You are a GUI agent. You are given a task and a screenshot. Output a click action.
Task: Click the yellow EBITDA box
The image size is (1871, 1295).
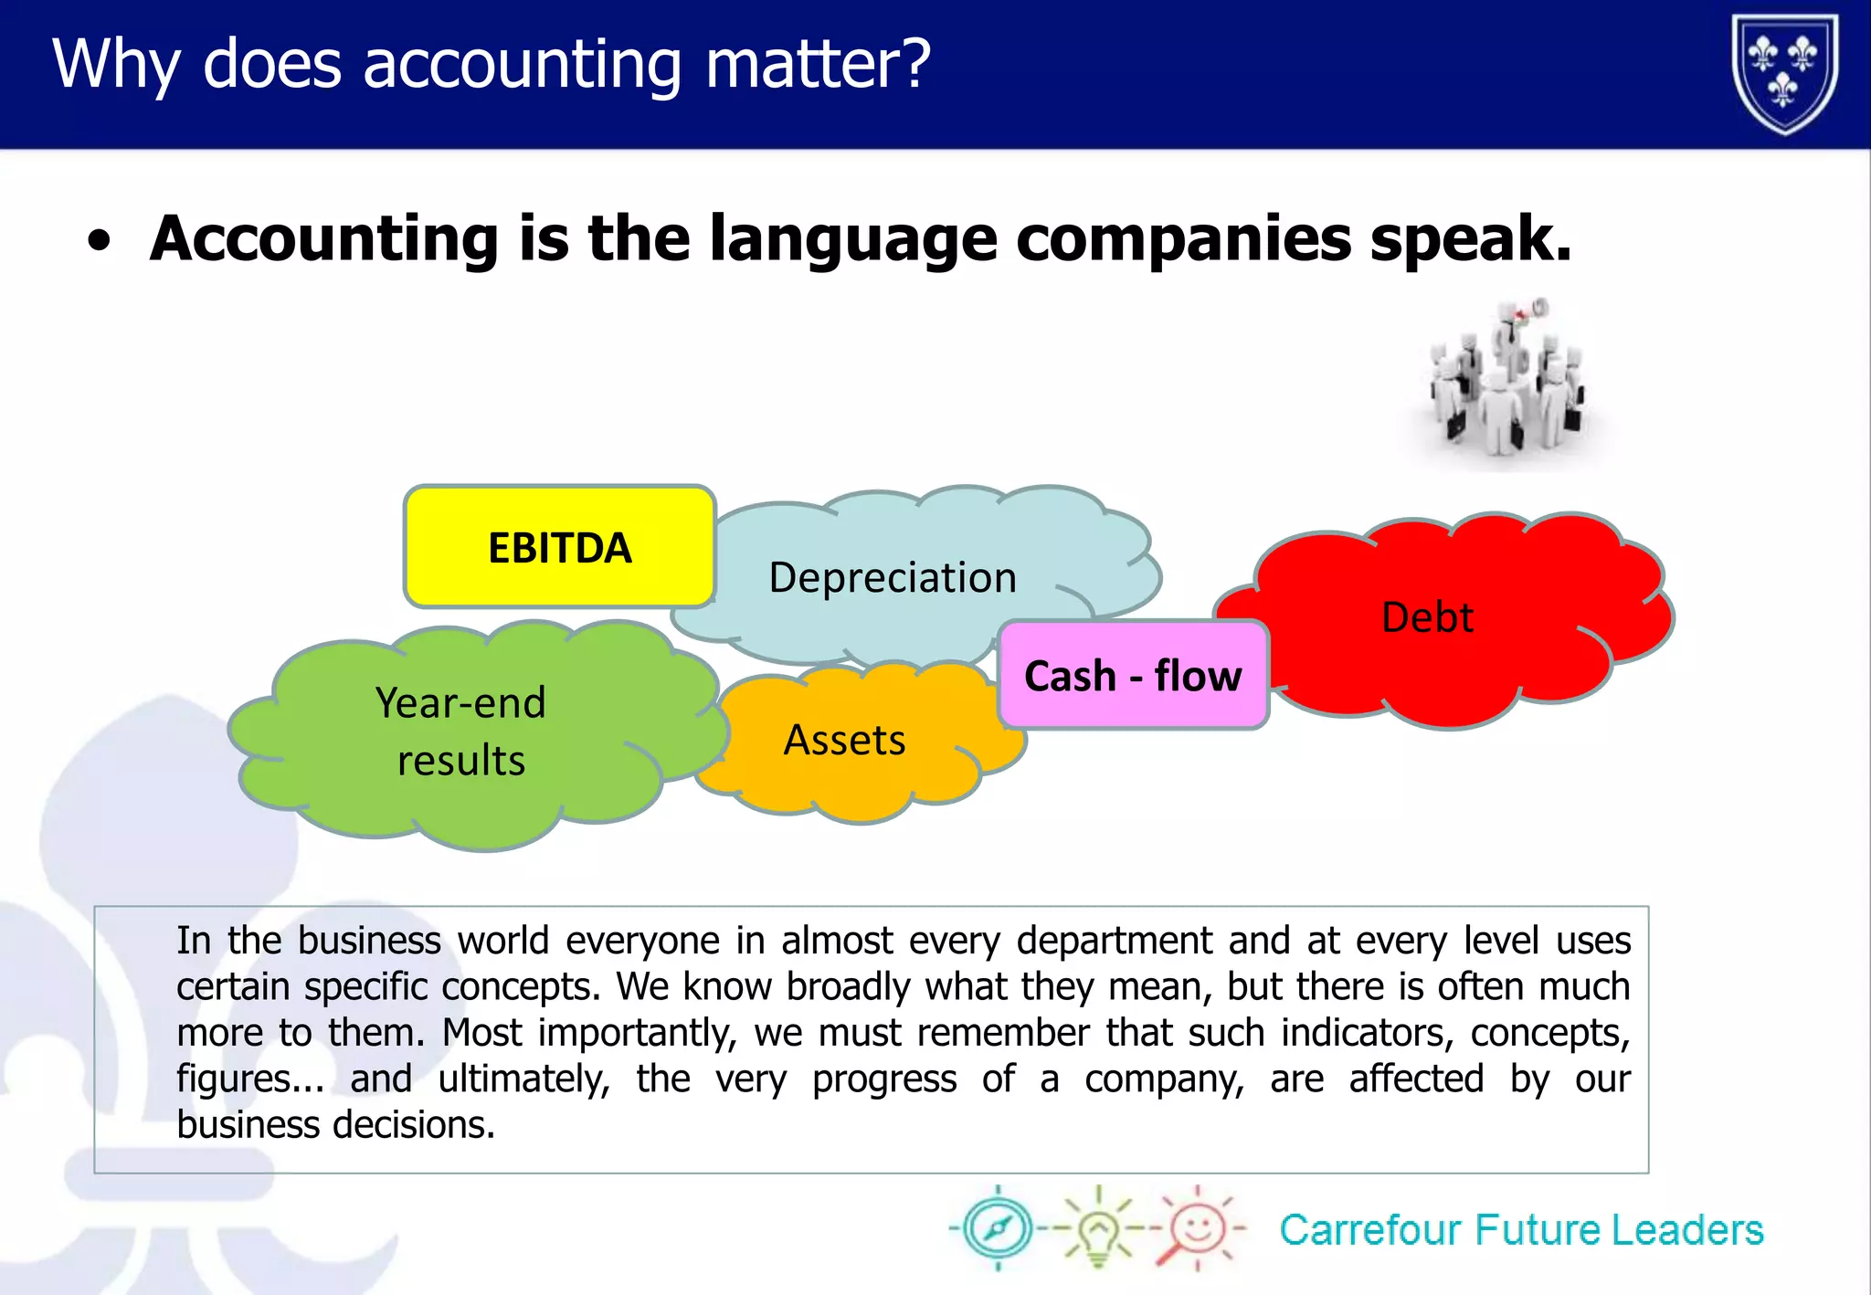[559, 548]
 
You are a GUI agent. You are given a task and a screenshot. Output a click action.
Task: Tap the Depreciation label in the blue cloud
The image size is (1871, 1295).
[893, 578]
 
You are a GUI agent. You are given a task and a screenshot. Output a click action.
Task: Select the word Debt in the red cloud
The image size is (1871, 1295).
[1427, 617]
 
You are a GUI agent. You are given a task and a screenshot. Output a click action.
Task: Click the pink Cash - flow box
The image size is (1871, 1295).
[1133, 676]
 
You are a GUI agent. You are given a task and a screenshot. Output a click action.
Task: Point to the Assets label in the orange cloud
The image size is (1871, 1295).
[844, 740]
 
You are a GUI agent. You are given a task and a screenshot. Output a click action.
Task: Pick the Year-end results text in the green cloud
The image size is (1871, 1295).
[461, 731]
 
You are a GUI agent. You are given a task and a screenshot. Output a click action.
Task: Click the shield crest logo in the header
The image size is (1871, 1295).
[1785, 73]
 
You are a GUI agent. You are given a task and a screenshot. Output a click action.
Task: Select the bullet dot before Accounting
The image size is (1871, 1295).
[100, 242]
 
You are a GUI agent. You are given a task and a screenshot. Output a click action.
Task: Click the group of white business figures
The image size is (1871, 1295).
[1506, 384]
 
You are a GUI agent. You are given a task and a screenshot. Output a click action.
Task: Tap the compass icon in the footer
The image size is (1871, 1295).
[998, 1228]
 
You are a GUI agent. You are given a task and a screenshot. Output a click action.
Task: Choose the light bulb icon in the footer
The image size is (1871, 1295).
[1098, 1228]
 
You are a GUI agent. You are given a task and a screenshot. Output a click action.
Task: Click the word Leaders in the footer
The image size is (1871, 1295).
[1687, 1230]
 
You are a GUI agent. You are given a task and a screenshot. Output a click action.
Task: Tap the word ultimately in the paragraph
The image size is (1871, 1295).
[523, 1079]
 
